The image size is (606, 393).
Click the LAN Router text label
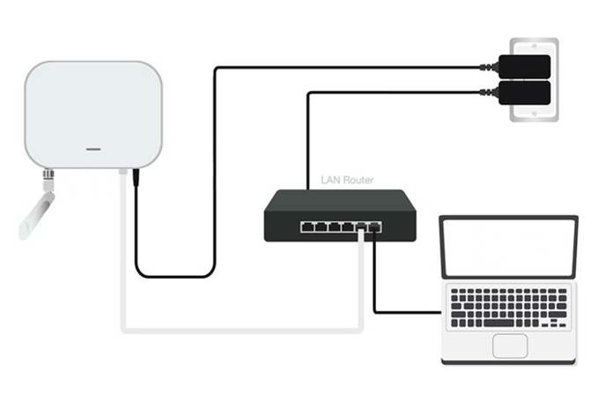pos(347,180)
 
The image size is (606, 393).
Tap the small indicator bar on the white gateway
pos(93,149)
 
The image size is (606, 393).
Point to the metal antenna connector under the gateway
pos(48,180)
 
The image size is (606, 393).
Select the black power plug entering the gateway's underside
pos(136,177)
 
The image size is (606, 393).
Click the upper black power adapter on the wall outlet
pos(524,67)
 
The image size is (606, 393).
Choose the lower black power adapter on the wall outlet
pos(524,93)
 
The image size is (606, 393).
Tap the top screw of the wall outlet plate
pos(534,46)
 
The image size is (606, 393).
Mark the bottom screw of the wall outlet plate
pos(534,114)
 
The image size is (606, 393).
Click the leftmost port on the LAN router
pos(307,226)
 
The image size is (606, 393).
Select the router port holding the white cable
pos(360,227)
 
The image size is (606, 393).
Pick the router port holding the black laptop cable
pos(374,227)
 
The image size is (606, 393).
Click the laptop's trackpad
pos(510,345)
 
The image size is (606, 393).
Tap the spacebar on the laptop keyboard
pos(499,323)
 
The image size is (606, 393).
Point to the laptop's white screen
pos(509,248)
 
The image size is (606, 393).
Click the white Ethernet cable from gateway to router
pos(242,330)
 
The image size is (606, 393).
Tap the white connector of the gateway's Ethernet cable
pos(123,172)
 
